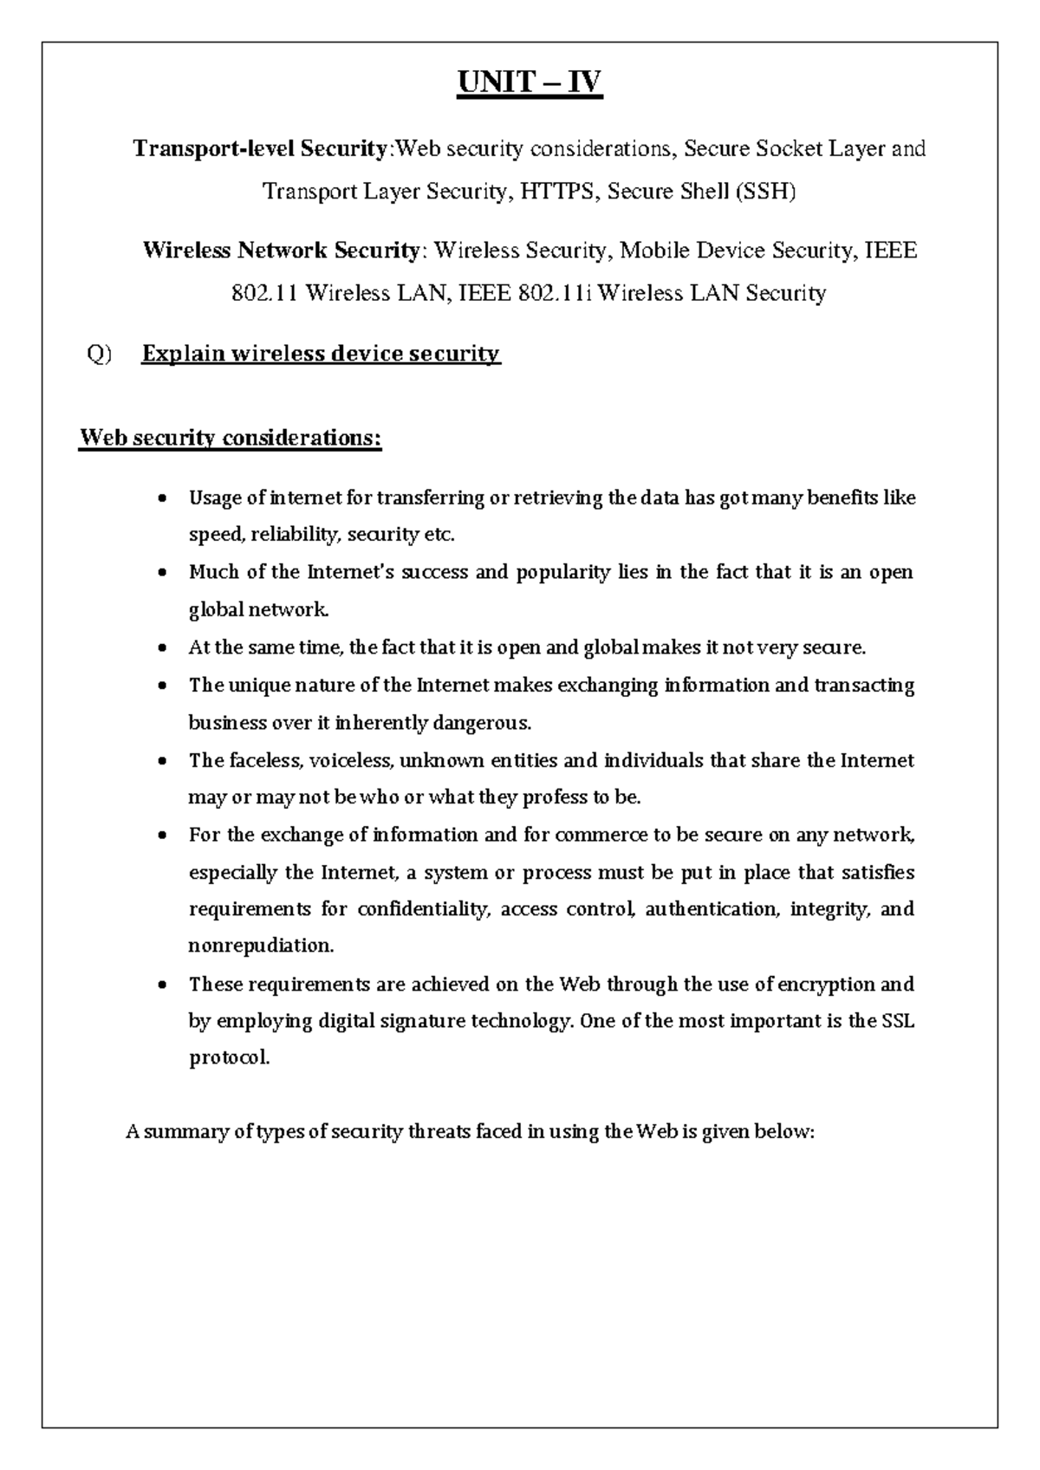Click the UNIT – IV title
(x=530, y=83)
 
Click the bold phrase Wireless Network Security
(x=281, y=251)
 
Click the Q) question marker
(x=100, y=354)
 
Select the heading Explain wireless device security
(x=321, y=354)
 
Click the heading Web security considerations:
(x=230, y=438)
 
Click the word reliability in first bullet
(x=295, y=535)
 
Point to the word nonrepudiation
(x=260, y=946)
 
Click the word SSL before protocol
(x=898, y=1021)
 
